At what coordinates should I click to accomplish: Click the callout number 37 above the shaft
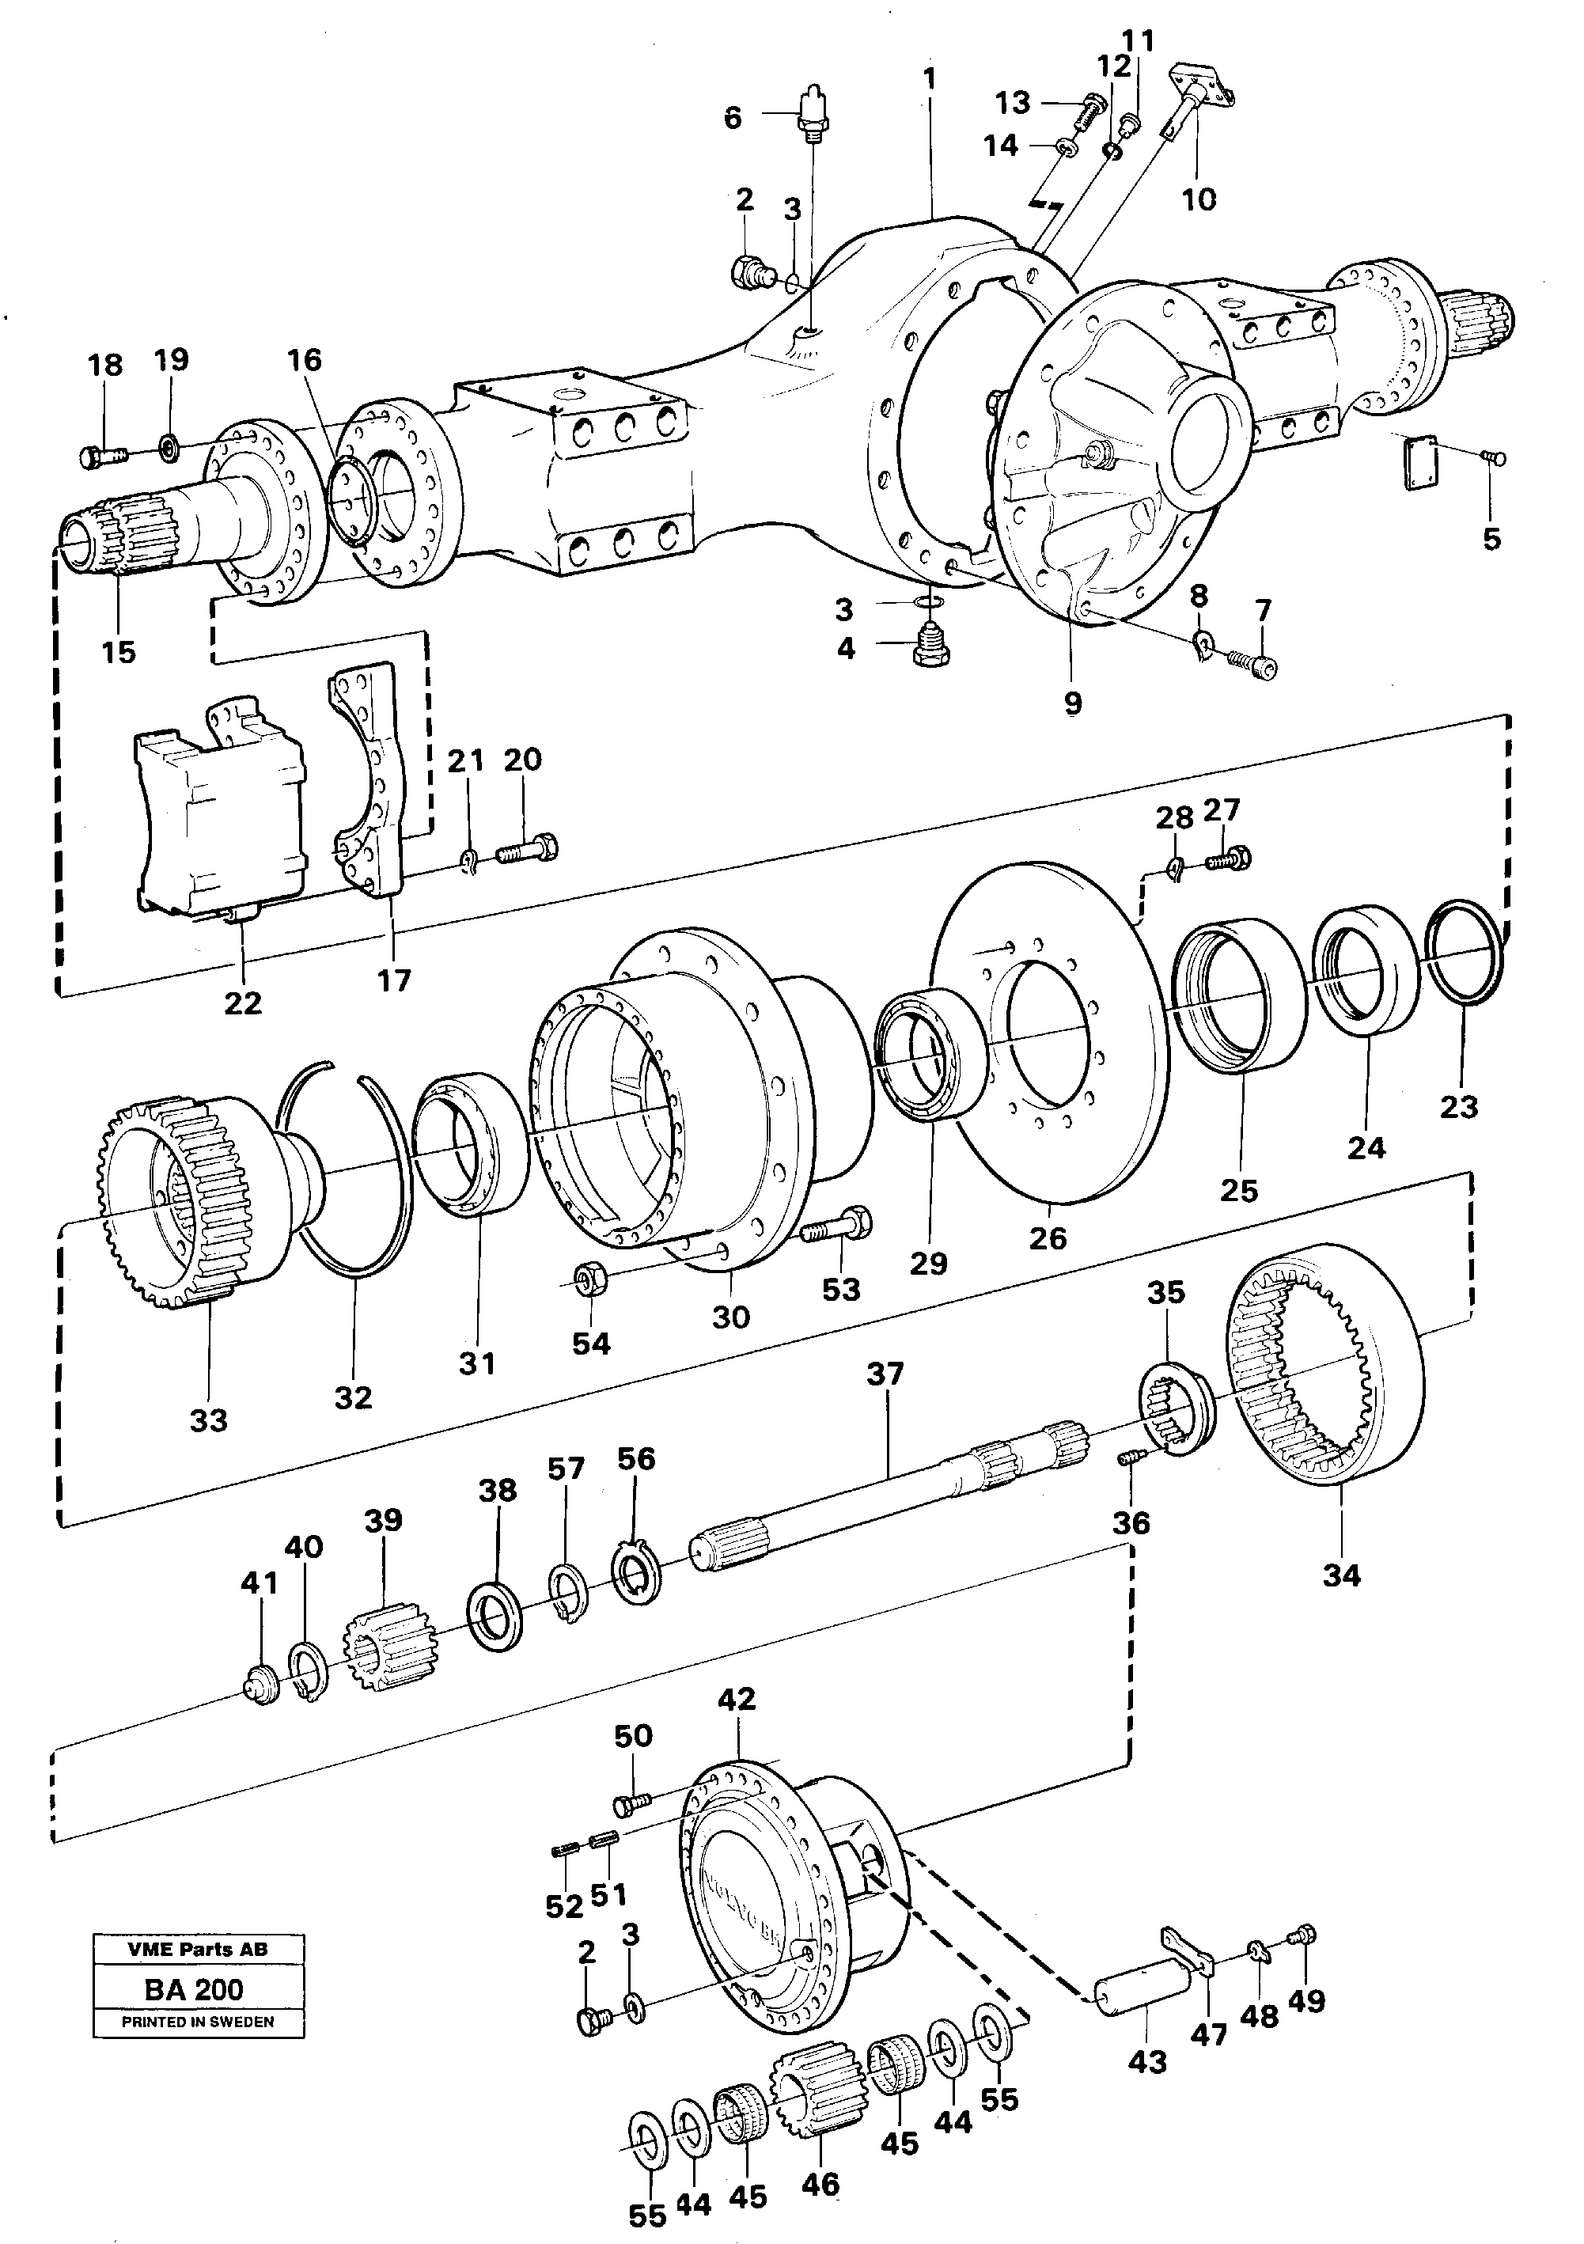coord(885,1373)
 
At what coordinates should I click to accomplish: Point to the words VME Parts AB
coord(197,1949)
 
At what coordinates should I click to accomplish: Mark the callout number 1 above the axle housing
coord(930,78)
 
